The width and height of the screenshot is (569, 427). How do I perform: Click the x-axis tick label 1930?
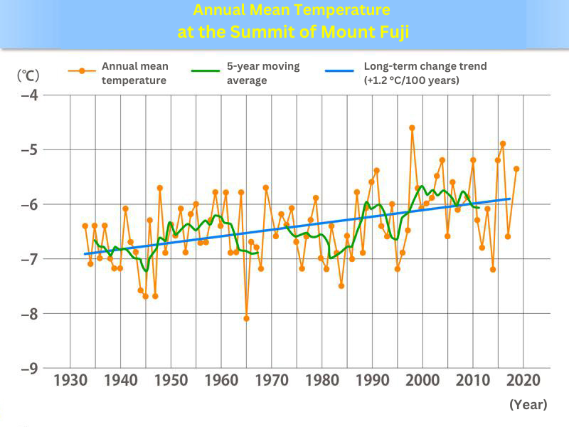(x=70, y=379)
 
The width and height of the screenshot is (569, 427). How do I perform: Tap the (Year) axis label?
(x=528, y=404)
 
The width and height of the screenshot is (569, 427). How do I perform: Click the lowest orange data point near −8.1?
(x=246, y=318)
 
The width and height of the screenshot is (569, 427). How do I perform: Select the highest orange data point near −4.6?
(x=412, y=128)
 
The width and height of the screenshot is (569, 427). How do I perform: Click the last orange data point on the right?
(x=516, y=169)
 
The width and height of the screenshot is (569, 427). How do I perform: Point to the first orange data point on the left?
(x=85, y=226)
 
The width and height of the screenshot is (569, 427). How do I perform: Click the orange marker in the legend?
(x=83, y=70)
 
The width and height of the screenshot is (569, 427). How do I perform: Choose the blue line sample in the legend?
(x=339, y=70)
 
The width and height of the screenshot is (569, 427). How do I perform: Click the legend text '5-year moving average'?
(x=263, y=73)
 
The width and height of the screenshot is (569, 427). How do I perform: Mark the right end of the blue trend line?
(x=510, y=199)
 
